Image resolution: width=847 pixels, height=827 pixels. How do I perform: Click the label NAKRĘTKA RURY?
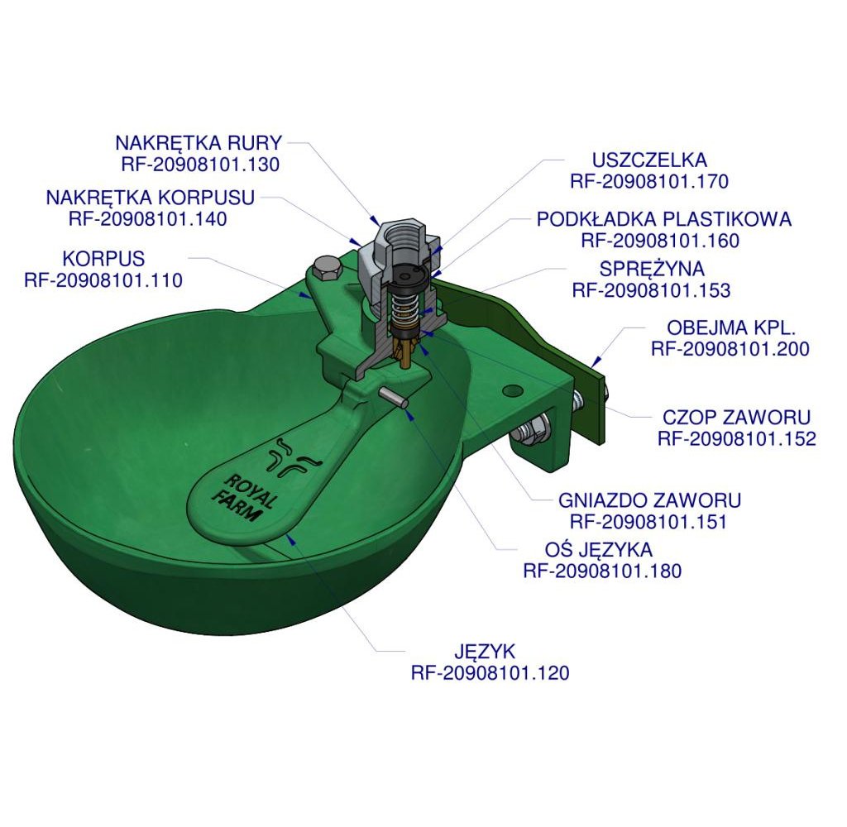point(199,143)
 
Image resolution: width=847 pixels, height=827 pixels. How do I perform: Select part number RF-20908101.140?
point(147,219)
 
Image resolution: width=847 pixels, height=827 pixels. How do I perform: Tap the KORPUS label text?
point(103,259)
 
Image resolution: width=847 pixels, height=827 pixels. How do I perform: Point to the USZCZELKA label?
point(649,160)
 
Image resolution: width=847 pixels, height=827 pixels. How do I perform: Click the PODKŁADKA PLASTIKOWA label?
point(664,219)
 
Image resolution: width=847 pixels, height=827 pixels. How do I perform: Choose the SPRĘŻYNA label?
point(652,269)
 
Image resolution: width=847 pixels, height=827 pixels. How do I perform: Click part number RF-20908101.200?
point(730,349)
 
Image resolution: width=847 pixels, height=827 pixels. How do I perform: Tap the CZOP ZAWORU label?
point(737,418)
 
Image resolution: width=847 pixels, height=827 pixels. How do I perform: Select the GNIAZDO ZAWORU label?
point(649,500)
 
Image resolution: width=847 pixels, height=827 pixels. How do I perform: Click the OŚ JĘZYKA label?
point(599,550)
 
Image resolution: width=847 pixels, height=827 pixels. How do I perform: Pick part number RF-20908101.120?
point(490,673)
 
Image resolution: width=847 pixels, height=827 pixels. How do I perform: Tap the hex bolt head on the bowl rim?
point(326,269)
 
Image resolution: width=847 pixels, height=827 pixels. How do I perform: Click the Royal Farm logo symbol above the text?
point(294,457)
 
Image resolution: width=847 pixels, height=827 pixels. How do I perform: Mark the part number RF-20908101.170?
point(649,181)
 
